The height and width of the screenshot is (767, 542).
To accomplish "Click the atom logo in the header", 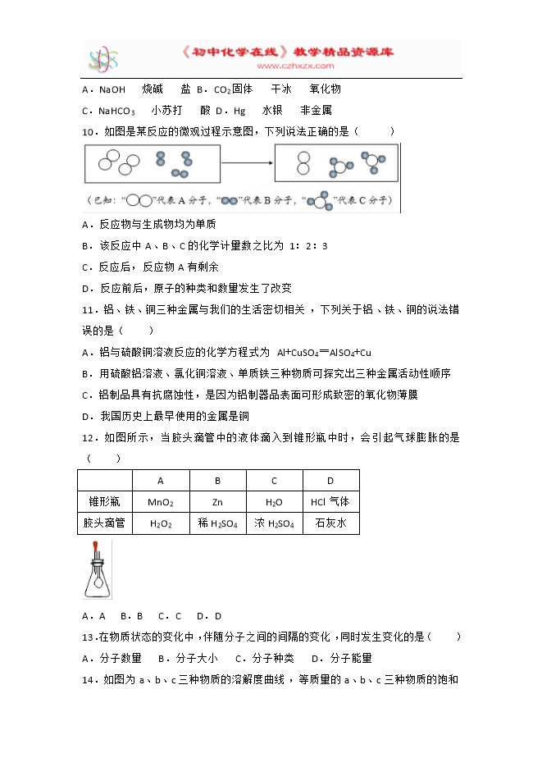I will click(x=104, y=58).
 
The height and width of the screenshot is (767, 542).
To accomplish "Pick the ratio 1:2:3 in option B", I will click(x=307, y=245).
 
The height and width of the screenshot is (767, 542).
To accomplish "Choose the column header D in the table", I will click(x=330, y=481).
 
